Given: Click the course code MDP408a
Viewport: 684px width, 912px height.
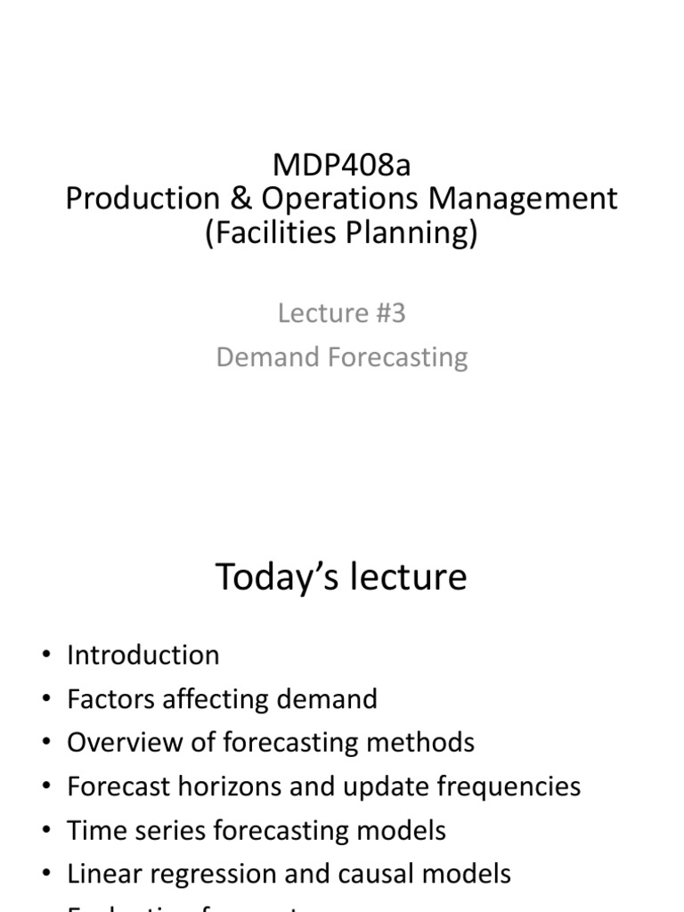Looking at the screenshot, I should pos(341,165).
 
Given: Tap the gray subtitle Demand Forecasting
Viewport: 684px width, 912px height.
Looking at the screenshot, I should pos(341,357).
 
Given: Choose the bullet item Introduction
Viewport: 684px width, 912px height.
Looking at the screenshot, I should pos(142,655).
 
